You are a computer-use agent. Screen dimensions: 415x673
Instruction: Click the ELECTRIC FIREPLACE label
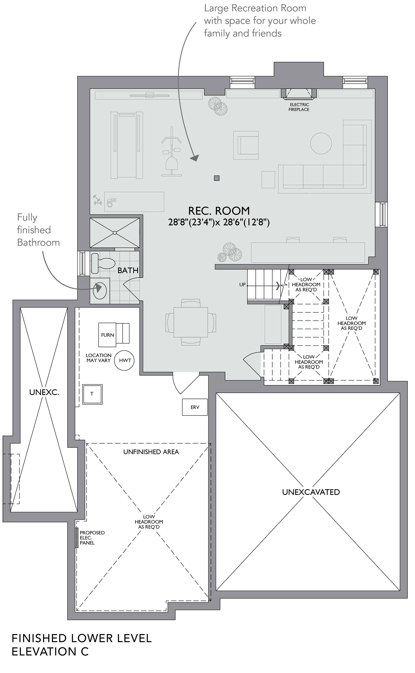(x=299, y=107)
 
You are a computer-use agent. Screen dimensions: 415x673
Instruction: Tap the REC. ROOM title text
(x=219, y=211)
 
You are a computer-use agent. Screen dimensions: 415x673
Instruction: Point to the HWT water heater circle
(x=124, y=360)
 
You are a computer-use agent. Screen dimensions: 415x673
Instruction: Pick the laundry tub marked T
(x=92, y=394)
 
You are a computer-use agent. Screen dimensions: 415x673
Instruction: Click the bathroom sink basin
(x=100, y=291)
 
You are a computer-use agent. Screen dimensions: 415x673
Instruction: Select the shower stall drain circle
(x=115, y=233)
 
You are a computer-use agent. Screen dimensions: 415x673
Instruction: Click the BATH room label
(x=128, y=270)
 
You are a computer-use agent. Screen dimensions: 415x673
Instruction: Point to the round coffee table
(x=321, y=143)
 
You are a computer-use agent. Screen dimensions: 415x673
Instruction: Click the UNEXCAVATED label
(x=311, y=492)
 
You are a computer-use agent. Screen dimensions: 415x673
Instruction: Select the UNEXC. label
(x=44, y=392)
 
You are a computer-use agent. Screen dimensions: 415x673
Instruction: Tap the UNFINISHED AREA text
(x=151, y=452)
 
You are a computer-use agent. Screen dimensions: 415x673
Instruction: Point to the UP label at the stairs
(x=242, y=285)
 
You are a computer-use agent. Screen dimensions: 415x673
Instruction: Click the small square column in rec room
(x=217, y=178)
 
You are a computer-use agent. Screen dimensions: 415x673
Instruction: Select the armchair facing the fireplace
(x=246, y=145)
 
